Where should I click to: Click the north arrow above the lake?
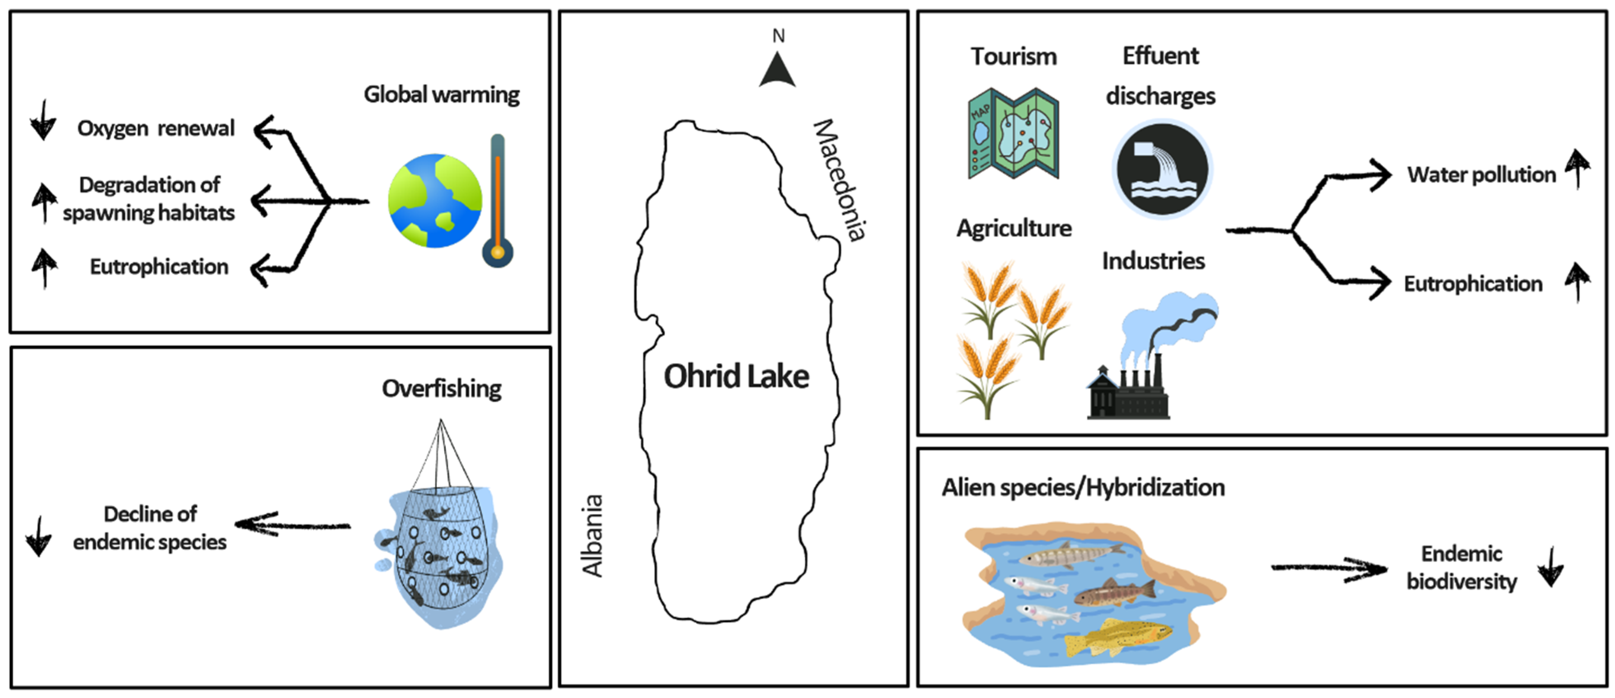(x=777, y=70)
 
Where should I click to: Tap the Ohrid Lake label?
(x=736, y=376)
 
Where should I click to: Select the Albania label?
(x=592, y=536)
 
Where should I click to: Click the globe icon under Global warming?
(x=435, y=201)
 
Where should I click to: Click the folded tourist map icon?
(x=1013, y=133)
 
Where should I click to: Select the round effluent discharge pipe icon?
(x=1162, y=169)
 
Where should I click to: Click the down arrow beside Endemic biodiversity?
(x=1550, y=567)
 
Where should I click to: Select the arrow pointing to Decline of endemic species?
(x=292, y=525)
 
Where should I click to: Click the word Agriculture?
(x=1014, y=228)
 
